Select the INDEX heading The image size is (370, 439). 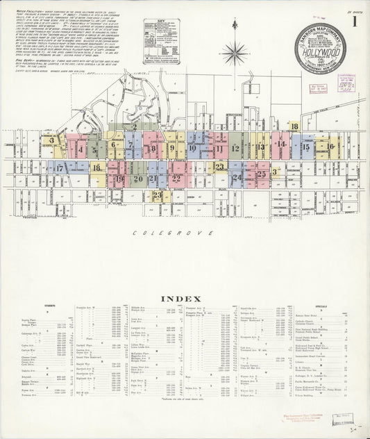(184, 299)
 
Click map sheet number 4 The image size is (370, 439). (82, 149)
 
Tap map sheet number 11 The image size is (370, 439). (218, 148)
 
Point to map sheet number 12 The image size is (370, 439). (236, 148)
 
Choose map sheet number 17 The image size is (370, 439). (60, 168)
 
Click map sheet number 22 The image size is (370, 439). (176, 179)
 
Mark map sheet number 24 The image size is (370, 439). (237, 178)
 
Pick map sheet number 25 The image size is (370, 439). (262, 174)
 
